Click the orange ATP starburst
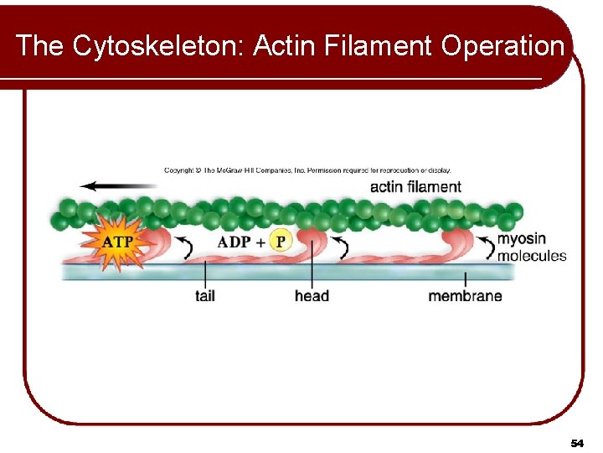[x=116, y=242]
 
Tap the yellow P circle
[x=281, y=242]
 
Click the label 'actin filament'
[x=415, y=186]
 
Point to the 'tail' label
[x=205, y=295]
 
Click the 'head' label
[x=312, y=295]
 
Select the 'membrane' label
[x=465, y=295]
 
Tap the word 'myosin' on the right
[x=522, y=239]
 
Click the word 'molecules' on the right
[x=532, y=256]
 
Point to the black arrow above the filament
[x=107, y=186]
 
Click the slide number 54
[x=576, y=442]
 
